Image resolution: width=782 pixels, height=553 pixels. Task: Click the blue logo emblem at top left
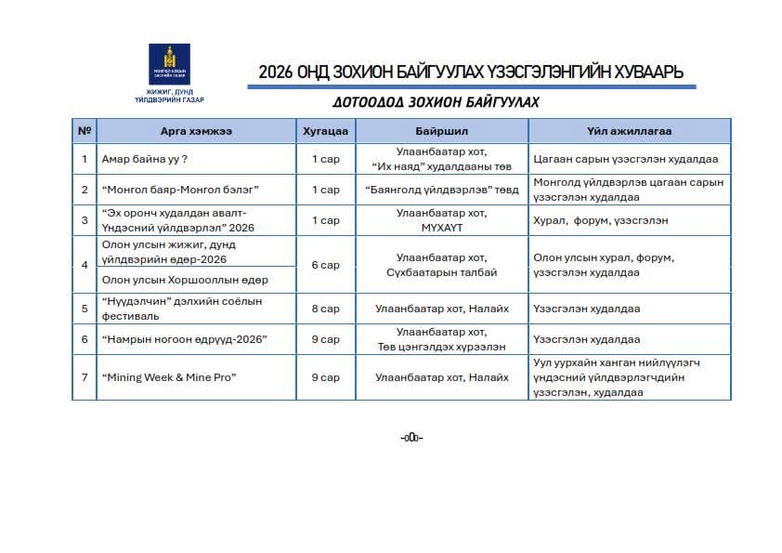click(x=169, y=64)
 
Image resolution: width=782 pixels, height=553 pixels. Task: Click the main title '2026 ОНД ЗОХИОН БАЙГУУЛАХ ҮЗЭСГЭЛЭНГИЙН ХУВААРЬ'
click(x=471, y=72)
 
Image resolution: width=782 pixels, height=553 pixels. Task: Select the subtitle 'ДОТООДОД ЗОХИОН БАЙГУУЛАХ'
click(x=436, y=102)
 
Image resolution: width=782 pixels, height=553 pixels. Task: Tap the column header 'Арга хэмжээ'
click(x=196, y=131)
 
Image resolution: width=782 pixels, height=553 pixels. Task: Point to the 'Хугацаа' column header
click(x=325, y=131)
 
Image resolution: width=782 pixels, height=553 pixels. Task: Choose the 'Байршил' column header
click(x=441, y=131)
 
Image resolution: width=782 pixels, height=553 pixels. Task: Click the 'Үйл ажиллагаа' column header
click(x=629, y=131)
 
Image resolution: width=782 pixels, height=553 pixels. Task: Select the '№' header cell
click(x=85, y=131)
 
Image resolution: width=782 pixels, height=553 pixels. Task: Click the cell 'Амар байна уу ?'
click(x=146, y=159)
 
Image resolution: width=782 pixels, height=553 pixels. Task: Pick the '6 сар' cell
click(x=325, y=265)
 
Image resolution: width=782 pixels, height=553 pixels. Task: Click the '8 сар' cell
click(x=325, y=309)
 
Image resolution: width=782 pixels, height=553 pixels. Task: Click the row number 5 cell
click(x=85, y=309)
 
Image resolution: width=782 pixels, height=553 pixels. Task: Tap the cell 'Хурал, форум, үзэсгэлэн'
click(x=600, y=220)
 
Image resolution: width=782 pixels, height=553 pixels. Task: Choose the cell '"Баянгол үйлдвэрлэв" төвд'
click(x=441, y=190)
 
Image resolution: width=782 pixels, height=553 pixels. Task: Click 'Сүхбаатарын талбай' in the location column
click(x=441, y=272)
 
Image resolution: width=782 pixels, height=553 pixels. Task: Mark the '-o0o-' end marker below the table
click(x=411, y=438)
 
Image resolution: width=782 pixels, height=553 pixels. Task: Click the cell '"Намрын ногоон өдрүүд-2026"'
click(x=184, y=339)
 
